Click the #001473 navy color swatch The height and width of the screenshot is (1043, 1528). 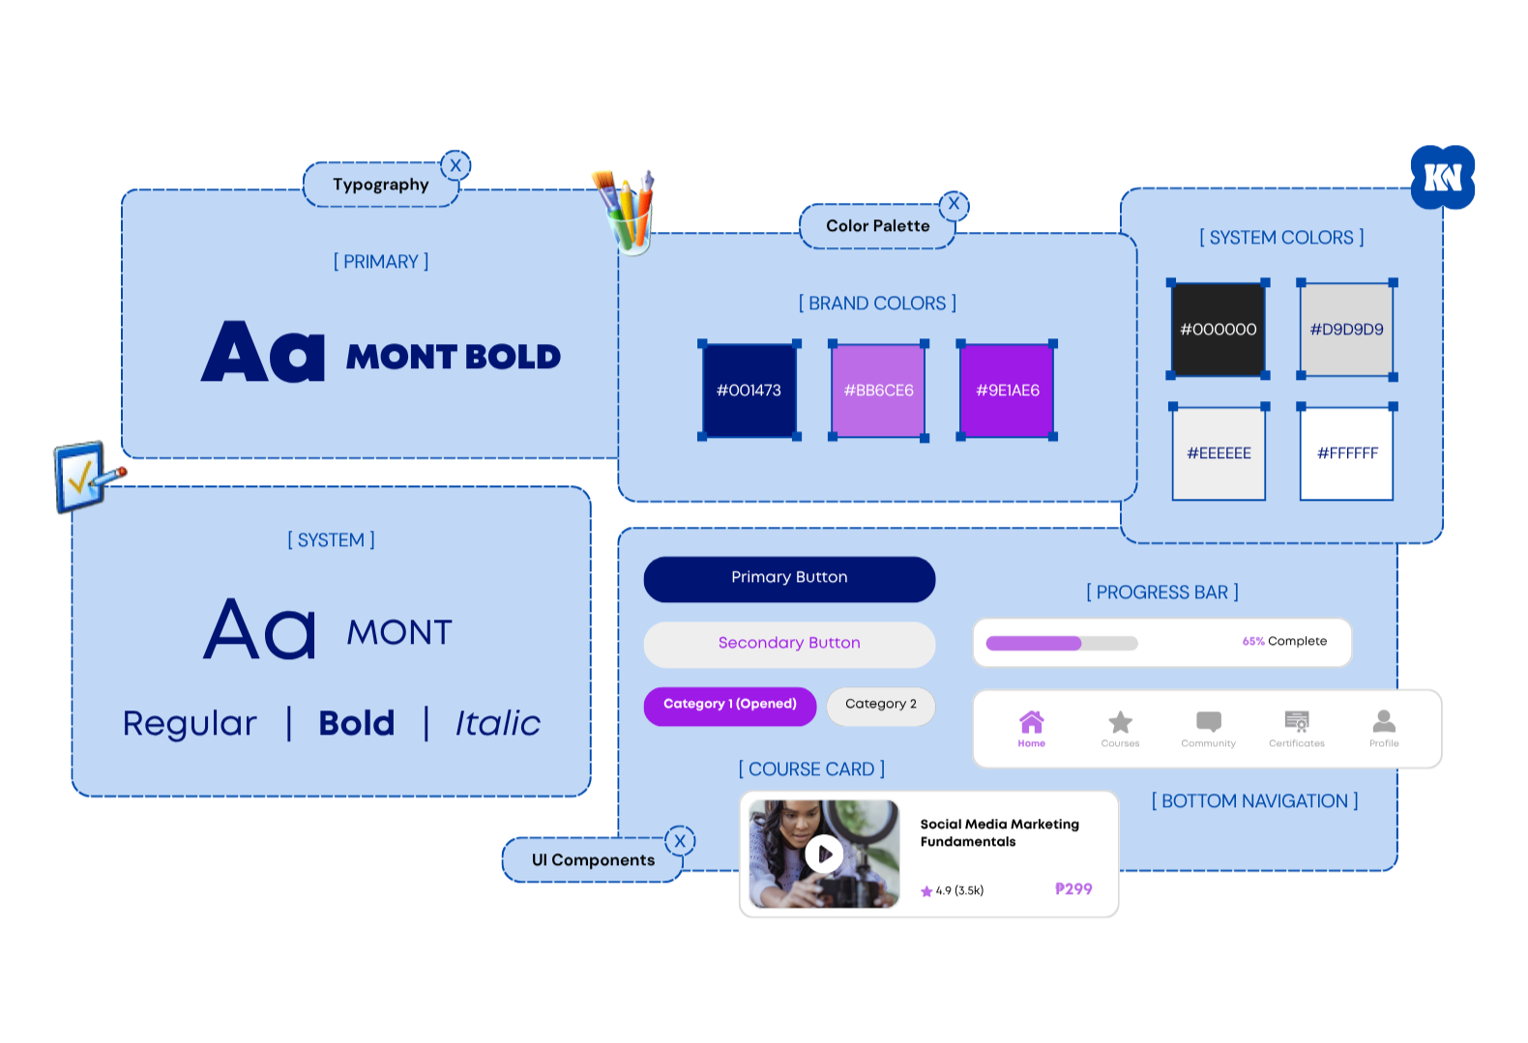[x=749, y=390]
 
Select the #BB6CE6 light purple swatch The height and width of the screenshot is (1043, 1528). [x=878, y=390]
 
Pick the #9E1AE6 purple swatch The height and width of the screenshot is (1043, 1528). [x=1007, y=390]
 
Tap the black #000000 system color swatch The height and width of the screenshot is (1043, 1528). [x=1219, y=330]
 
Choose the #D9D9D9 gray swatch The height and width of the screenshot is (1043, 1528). [x=1346, y=330]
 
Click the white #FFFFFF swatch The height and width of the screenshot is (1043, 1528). [x=1346, y=453]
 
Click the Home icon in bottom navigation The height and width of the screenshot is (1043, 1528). [x=1031, y=721]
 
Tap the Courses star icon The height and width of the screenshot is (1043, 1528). [x=1120, y=722]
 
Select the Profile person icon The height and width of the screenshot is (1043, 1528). [x=1384, y=721]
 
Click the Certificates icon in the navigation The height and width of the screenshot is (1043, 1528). [x=1297, y=721]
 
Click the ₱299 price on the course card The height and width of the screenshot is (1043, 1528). [x=1073, y=889]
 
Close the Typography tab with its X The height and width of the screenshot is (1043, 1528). [x=455, y=165]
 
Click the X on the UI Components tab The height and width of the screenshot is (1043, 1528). [x=680, y=841]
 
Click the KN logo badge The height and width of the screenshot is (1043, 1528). [x=1443, y=177]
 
